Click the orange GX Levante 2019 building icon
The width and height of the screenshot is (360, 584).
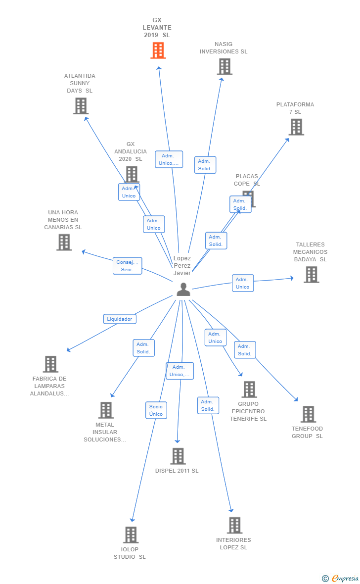[x=158, y=50]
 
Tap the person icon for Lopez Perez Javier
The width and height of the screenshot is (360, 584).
[x=183, y=290]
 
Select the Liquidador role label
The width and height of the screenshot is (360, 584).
[x=120, y=319]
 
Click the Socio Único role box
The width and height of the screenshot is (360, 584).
[x=156, y=410]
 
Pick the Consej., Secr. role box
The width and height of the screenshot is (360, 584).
[x=127, y=266]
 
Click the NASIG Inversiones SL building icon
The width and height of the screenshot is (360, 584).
[x=225, y=67]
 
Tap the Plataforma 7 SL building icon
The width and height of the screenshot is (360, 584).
[x=296, y=127]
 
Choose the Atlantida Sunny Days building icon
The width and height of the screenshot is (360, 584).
[x=81, y=106]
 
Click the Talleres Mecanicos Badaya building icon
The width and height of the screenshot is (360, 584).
[x=311, y=275]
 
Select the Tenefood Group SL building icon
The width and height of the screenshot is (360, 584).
[x=308, y=414]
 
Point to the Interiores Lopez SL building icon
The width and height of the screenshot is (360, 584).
[x=235, y=525]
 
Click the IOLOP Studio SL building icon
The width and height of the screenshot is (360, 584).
[x=131, y=535]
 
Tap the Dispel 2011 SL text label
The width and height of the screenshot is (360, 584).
[x=177, y=471]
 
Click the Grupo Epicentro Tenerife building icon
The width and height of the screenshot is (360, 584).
[x=249, y=389]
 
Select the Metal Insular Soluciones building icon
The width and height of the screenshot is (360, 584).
[x=106, y=410]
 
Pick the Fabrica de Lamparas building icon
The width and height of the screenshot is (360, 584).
[x=50, y=364]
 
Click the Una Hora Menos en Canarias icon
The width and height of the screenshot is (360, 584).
[x=64, y=242]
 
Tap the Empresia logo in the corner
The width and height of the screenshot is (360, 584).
[x=341, y=578]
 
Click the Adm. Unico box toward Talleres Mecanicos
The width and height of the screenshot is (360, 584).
[x=243, y=283]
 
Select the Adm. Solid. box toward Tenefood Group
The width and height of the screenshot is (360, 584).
[x=245, y=350]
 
